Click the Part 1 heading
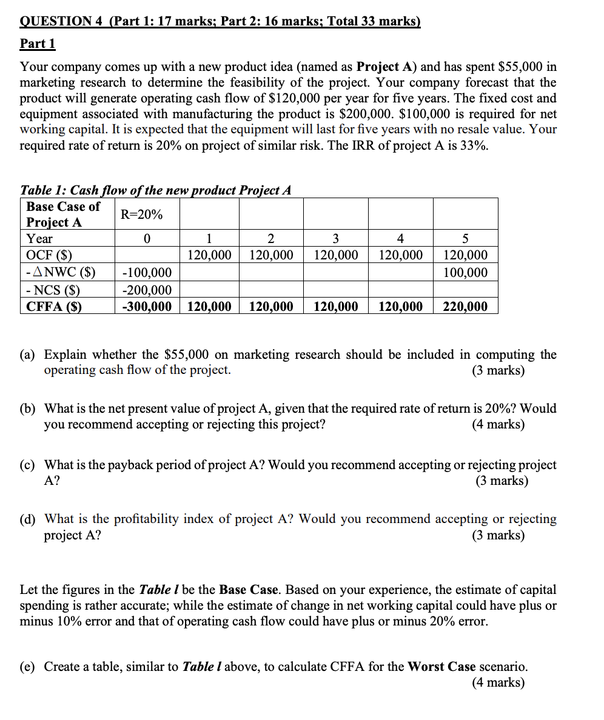[38, 44]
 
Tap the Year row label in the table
[39, 239]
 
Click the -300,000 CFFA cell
[147, 307]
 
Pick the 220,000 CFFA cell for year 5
[465, 307]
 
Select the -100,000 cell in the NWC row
[147, 273]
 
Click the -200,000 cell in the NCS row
[147, 291]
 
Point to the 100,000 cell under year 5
[465, 273]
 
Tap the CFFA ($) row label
[54, 307]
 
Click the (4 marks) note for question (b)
[498, 424]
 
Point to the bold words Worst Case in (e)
[441, 667]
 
